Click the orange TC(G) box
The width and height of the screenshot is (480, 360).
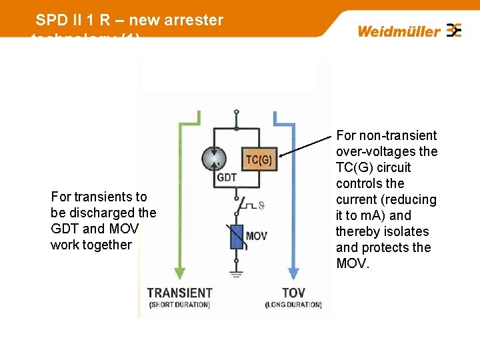[259, 159]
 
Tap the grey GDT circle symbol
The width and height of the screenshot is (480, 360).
[214, 159]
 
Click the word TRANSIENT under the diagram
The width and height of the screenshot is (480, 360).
[179, 293]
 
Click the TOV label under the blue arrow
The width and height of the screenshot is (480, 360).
[293, 293]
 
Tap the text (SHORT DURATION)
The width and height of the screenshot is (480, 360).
[179, 305]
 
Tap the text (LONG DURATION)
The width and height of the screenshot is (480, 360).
[293, 305]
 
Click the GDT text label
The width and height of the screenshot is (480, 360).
[226, 179]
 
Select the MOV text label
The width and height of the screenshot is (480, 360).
[257, 236]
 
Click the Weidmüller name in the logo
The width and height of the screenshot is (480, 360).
[399, 31]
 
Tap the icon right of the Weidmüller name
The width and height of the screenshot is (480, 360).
[454, 30]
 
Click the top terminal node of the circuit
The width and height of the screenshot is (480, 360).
[236, 112]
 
